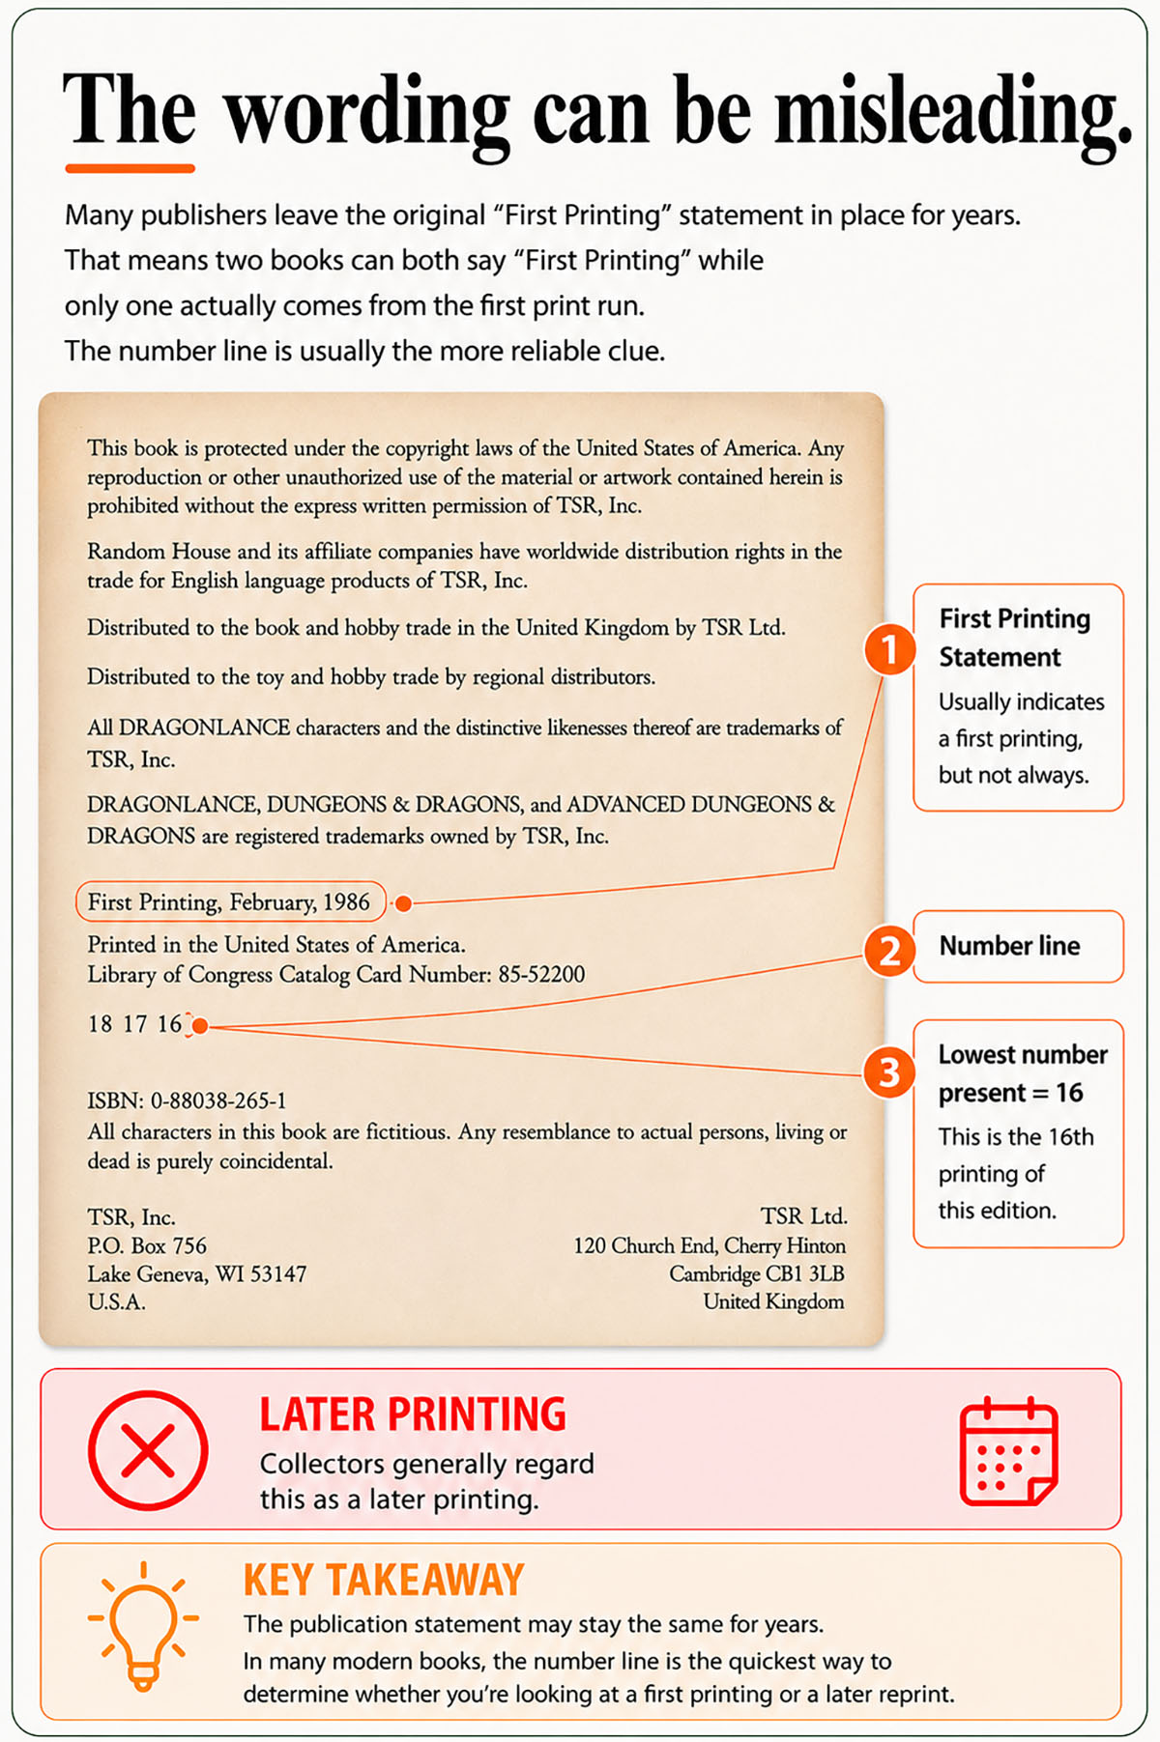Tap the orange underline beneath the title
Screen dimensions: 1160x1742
click(130, 168)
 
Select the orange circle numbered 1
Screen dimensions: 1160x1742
click(889, 649)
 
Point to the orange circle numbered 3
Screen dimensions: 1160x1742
click(889, 1072)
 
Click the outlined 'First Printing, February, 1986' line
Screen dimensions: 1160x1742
click(230, 902)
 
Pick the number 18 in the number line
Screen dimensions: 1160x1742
click(100, 1024)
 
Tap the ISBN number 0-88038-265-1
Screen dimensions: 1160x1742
click(218, 1100)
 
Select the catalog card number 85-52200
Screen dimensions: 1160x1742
click(541, 974)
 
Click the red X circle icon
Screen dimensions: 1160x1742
click(148, 1450)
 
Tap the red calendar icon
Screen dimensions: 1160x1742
click(1008, 1450)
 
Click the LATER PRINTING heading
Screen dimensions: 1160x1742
click(413, 1414)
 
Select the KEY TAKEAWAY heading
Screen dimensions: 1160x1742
click(384, 1581)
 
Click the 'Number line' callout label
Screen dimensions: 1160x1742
click(1009, 946)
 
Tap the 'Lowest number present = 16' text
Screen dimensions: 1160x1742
click(1023, 1073)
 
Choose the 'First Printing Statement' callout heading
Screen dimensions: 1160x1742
click(1015, 638)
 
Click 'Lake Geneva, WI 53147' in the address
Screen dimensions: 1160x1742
click(197, 1274)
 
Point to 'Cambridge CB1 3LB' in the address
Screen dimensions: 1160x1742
click(757, 1274)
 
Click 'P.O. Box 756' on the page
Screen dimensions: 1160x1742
click(147, 1245)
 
